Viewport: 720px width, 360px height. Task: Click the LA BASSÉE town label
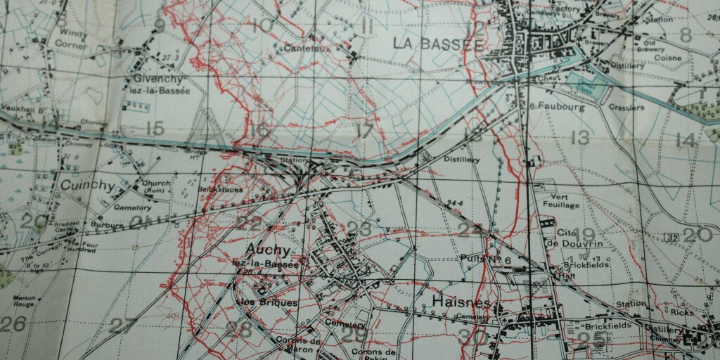[x=437, y=43]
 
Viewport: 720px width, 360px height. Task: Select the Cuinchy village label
[x=87, y=186]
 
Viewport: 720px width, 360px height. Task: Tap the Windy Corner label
[x=72, y=39]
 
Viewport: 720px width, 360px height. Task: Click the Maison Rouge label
[x=24, y=302]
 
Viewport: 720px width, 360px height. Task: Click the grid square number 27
[x=123, y=326]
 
